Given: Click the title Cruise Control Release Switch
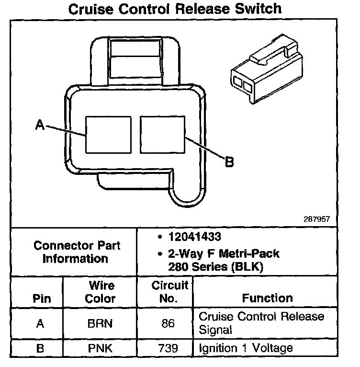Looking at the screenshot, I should tap(175, 9).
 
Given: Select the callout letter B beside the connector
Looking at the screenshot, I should tap(229, 162).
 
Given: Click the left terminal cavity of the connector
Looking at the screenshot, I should tap(108, 135).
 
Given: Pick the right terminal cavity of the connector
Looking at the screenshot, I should tap(162, 135).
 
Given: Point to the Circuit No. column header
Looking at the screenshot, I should tap(168, 292).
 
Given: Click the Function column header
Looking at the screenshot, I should tap(268, 298).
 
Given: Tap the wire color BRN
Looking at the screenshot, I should tap(100, 323).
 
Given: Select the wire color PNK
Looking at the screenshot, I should tap(100, 348).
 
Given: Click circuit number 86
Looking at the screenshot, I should tap(168, 323).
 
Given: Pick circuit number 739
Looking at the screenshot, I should tap(168, 348).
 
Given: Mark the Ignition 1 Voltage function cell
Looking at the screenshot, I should tap(245, 348).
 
